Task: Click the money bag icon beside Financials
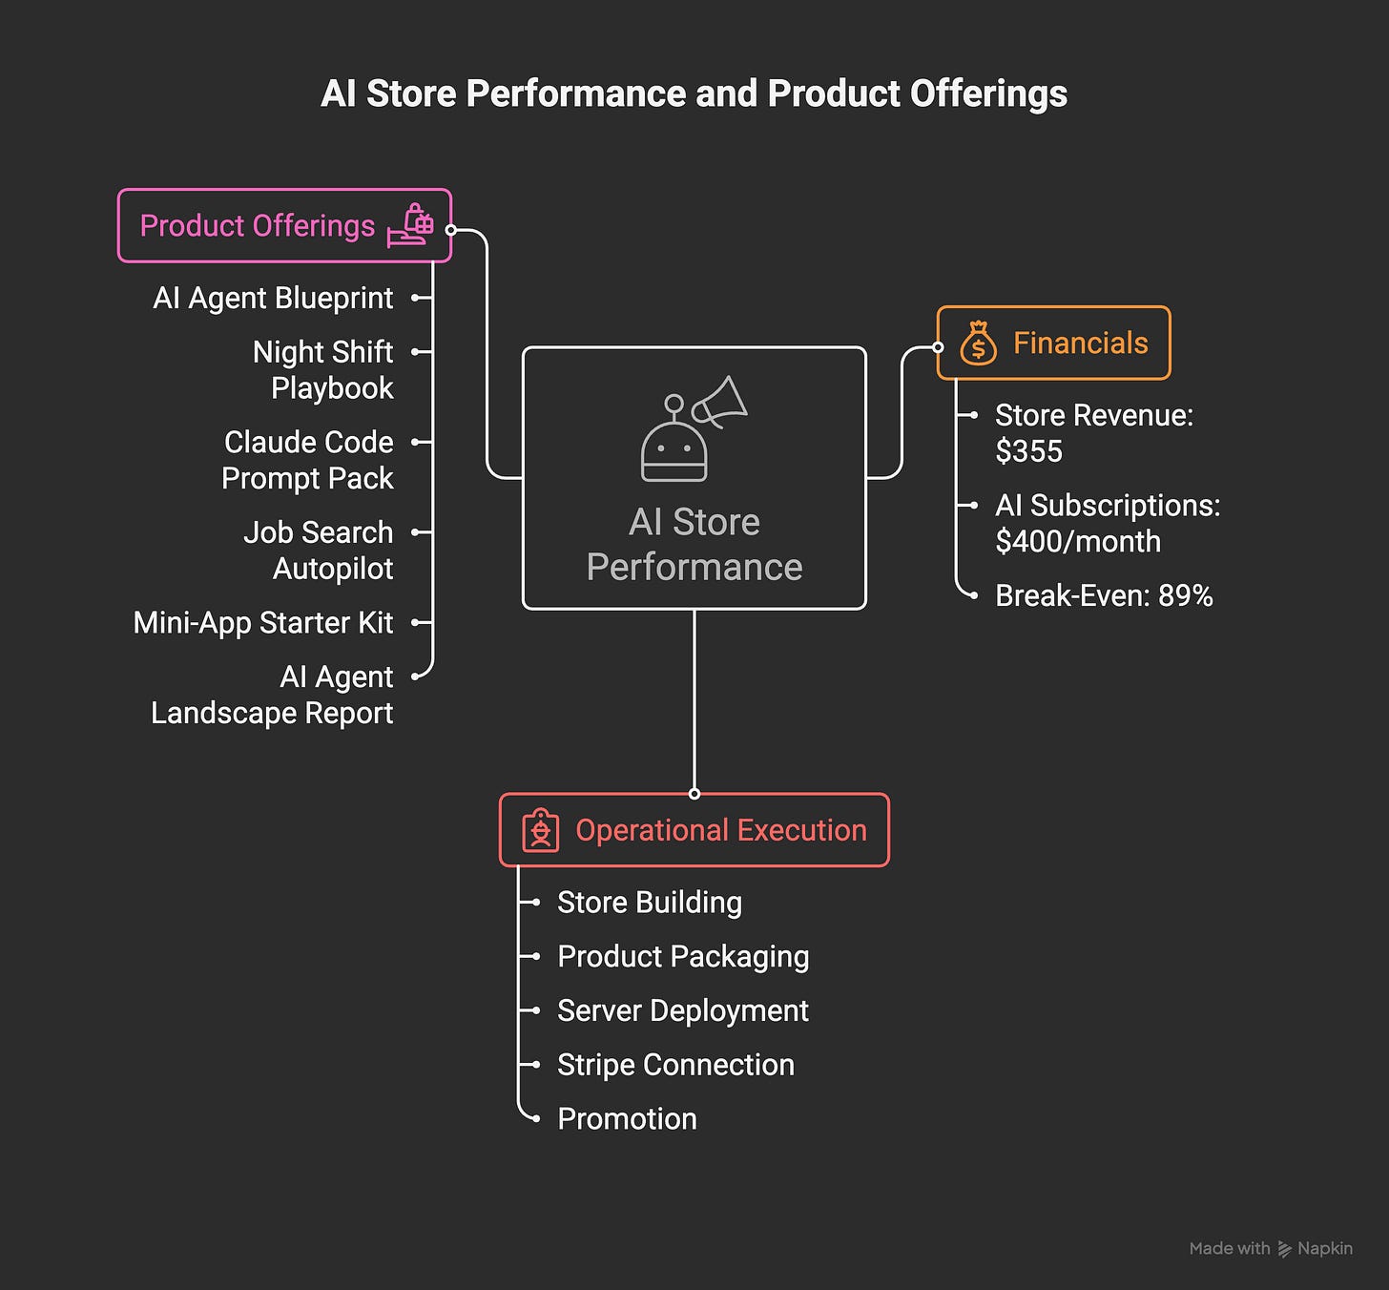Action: (978, 343)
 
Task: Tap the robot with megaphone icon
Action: (693, 428)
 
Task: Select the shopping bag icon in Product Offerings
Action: (411, 226)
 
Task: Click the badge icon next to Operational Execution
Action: (541, 830)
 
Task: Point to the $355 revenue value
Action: (1028, 451)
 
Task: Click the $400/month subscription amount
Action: (1078, 541)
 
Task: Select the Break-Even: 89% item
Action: (1104, 595)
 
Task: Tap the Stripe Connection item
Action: (675, 1065)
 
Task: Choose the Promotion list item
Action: (627, 1118)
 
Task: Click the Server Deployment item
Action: (682, 1010)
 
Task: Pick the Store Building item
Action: (649, 903)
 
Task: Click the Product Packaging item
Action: (683, 956)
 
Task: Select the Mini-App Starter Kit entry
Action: (263, 622)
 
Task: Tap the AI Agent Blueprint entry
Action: (273, 298)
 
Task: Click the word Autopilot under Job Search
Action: (333, 569)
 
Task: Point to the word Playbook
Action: (332, 388)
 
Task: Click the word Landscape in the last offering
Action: (224, 713)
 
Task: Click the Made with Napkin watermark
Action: (1271, 1248)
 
